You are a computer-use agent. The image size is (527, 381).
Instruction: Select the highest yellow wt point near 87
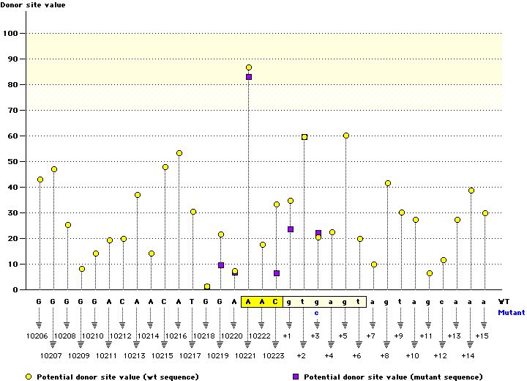point(249,67)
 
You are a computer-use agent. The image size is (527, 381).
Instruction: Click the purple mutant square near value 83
point(249,77)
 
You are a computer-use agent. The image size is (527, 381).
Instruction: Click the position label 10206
point(40,336)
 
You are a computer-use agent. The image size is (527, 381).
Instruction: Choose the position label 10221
point(249,355)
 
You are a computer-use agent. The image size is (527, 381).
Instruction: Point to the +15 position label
point(482,336)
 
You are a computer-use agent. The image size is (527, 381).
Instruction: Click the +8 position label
point(385,355)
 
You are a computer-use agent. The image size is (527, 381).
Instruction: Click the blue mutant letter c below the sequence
point(318,313)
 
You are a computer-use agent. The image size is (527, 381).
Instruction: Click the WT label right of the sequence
point(504,300)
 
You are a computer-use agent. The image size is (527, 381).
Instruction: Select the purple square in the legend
point(296,376)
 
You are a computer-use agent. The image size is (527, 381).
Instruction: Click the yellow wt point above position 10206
point(40,180)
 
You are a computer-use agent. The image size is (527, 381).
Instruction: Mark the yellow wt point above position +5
point(346,136)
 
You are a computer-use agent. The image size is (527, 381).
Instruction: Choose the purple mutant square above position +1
point(291,229)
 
